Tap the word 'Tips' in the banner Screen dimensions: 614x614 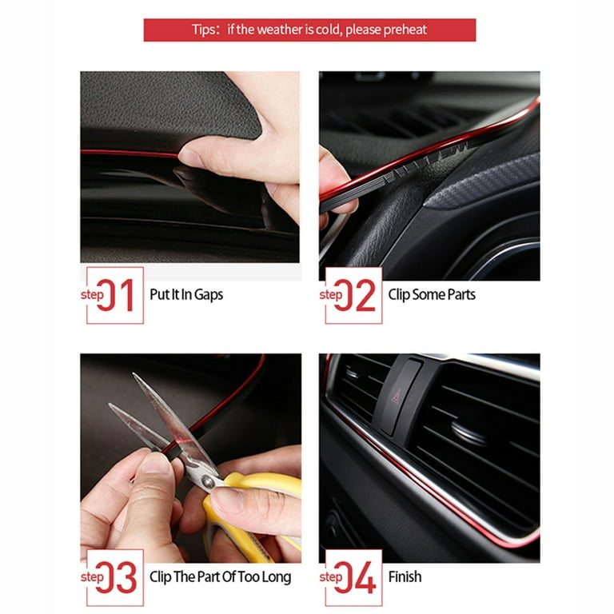pyautogui.click(x=203, y=30)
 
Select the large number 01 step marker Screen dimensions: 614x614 pyautogui.click(x=115, y=295)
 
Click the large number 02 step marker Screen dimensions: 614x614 pyautogui.click(x=355, y=295)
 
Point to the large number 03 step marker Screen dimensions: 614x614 pyautogui.click(x=116, y=577)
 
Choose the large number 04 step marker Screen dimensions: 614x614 pyautogui.click(x=355, y=577)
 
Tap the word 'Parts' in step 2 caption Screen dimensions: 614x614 pyautogui.click(x=461, y=294)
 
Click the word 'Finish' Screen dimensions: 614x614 pyautogui.click(x=405, y=576)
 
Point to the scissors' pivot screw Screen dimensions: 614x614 pyautogui.click(x=208, y=481)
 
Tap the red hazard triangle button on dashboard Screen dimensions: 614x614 pyautogui.click(x=397, y=397)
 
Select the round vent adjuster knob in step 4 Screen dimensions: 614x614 pyautogui.click(x=468, y=433)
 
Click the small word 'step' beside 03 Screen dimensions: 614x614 pyautogui.click(x=93, y=577)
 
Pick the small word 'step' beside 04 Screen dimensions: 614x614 pyautogui.click(x=331, y=577)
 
